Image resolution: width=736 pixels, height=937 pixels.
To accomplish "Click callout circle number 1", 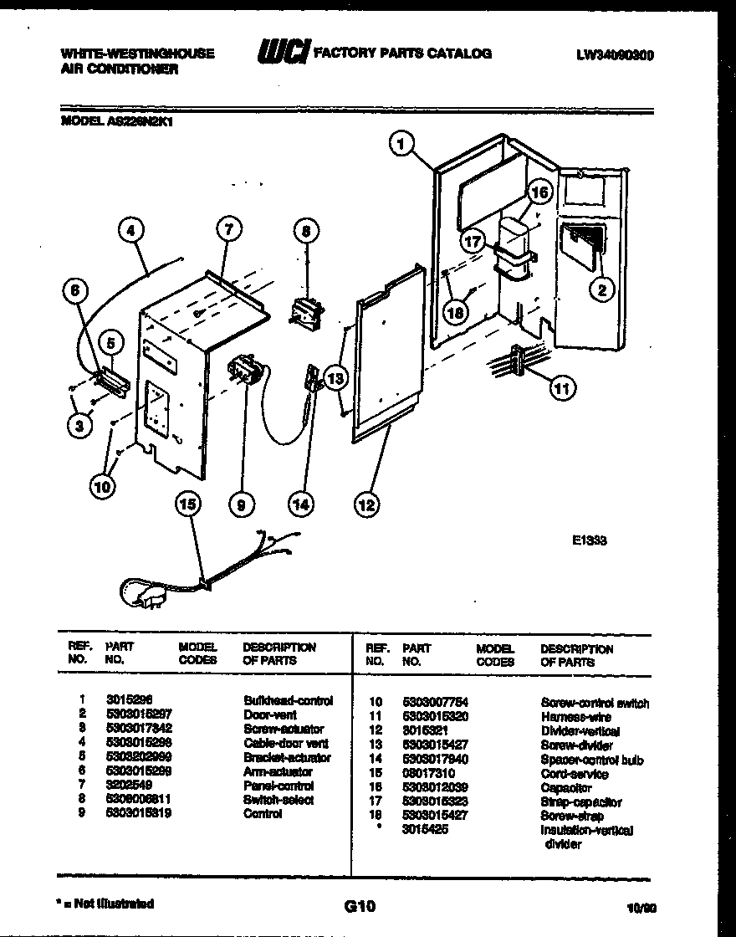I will (x=401, y=145).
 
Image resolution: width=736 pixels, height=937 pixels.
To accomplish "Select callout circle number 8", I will (x=306, y=230).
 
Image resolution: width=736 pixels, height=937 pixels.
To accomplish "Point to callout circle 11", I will (x=563, y=387).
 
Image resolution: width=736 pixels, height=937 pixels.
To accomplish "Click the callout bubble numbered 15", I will (x=189, y=504).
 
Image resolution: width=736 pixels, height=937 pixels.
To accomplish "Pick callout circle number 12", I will (x=365, y=504).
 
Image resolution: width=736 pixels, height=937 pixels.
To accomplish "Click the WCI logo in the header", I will (x=283, y=53).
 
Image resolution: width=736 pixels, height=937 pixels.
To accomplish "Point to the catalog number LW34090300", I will (x=615, y=55).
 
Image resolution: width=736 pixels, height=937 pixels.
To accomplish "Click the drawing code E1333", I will (x=590, y=540).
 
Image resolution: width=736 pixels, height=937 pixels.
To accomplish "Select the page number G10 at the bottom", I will (x=359, y=906).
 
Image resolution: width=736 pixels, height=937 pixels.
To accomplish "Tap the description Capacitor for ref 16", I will (x=566, y=788).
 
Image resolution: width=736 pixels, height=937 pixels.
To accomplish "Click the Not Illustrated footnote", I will (x=105, y=904).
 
